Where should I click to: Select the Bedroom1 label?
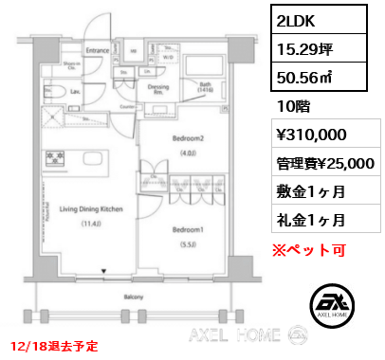(x=187, y=230)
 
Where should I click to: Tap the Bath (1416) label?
(x=205, y=87)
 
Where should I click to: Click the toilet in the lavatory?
(x=56, y=92)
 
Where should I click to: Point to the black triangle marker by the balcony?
(x=104, y=279)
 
